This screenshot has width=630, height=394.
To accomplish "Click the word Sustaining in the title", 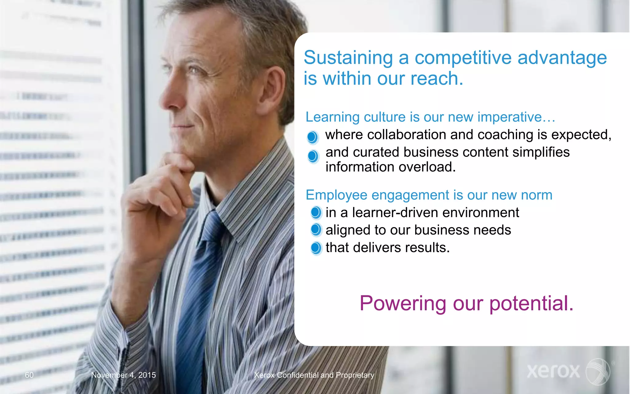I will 348,58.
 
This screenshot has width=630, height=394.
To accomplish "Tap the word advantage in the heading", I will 562,58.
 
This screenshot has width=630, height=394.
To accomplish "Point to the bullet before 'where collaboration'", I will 312,137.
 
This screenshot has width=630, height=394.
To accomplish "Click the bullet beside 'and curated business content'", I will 313,156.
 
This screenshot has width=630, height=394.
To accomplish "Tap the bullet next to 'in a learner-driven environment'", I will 316,212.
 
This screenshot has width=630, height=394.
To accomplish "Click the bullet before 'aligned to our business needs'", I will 316,230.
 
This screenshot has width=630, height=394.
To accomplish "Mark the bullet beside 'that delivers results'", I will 316,248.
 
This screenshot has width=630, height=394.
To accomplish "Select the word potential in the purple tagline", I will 531,304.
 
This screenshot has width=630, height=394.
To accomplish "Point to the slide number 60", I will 29,375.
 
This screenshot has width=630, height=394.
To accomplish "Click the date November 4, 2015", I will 123,375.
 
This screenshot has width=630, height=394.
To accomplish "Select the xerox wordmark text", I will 553,371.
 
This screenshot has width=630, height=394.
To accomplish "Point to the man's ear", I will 272,92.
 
